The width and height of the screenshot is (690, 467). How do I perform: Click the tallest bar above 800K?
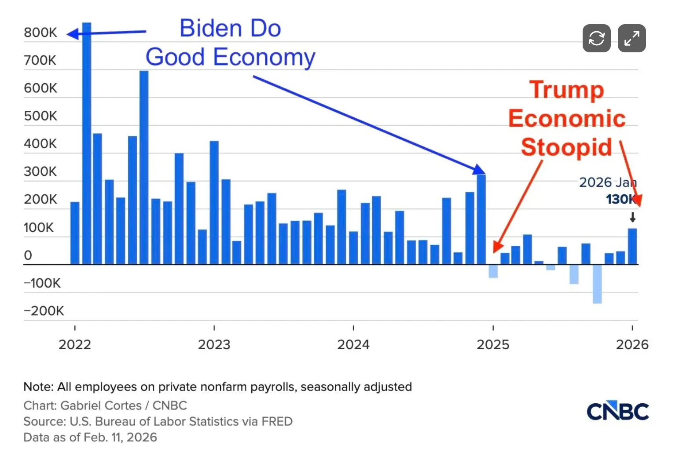(x=87, y=141)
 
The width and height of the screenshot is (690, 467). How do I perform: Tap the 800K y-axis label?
(x=40, y=33)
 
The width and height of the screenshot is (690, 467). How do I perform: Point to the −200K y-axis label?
(x=44, y=311)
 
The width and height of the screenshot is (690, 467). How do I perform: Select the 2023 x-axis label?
(x=214, y=344)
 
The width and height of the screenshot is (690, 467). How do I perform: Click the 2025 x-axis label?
(x=493, y=344)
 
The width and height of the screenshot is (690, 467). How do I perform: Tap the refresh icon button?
(x=596, y=38)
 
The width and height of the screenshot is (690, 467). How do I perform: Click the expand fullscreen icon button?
(x=631, y=38)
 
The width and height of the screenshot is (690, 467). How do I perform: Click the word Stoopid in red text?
(x=566, y=147)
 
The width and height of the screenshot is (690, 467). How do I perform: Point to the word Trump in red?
(x=566, y=90)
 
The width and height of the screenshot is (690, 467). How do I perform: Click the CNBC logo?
(x=617, y=412)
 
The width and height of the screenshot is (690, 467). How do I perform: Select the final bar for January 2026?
(x=632, y=246)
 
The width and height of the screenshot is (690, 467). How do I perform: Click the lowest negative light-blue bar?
(x=597, y=284)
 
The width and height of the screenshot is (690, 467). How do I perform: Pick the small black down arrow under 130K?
(x=632, y=217)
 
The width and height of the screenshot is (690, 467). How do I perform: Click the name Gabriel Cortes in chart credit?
(x=101, y=405)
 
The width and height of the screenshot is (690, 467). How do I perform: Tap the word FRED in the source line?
(x=277, y=421)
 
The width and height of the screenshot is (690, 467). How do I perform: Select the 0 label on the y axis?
(x=28, y=255)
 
